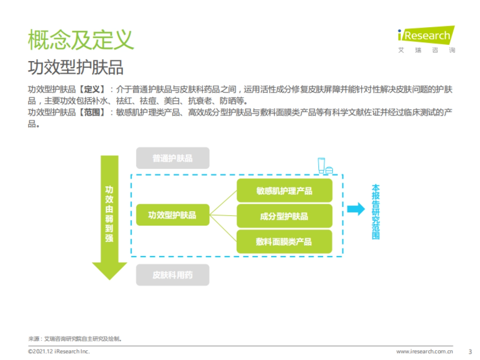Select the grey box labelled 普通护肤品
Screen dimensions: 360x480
point(172,158)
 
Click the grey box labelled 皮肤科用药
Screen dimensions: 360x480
point(172,275)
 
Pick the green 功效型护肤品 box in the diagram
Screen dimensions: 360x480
point(172,215)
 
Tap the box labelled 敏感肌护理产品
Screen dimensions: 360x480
point(284,190)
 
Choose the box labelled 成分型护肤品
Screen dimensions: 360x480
point(284,216)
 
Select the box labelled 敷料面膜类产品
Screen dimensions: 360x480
point(284,241)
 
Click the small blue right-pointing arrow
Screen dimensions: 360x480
point(356,209)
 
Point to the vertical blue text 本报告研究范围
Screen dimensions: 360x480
point(375,212)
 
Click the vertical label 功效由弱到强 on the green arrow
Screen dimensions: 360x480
point(109,214)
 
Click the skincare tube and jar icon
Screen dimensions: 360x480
point(325,166)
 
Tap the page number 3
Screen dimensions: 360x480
point(470,352)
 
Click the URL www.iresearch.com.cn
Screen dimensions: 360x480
point(424,352)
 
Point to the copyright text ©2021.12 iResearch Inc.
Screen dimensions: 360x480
point(59,352)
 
